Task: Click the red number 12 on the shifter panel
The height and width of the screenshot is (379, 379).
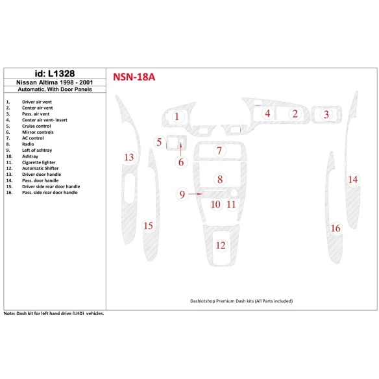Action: point(221,245)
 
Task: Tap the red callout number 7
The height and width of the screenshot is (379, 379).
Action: point(219,151)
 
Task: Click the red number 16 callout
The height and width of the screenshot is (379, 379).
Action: point(336,228)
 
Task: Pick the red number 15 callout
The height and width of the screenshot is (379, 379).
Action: point(148,225)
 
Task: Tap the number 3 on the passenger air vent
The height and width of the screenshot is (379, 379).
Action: point(326,115)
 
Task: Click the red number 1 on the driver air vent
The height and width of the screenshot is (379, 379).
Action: point(177,117)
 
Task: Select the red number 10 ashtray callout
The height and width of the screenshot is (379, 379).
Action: point(215,204)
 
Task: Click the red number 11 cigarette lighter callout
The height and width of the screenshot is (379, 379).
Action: point(232,204)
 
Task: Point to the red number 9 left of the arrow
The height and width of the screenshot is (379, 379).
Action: point(182,194)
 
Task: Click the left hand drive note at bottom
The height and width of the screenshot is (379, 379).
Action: point(55,313)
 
